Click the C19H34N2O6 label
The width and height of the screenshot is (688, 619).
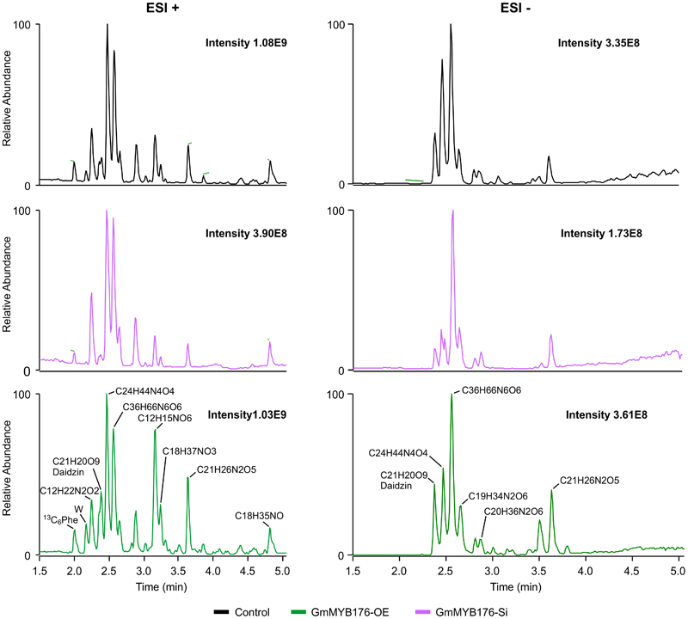pyautogui.click(x=498, y=496)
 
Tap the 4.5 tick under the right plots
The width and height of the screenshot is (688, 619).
pyautogui.click(x=632, y=570)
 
